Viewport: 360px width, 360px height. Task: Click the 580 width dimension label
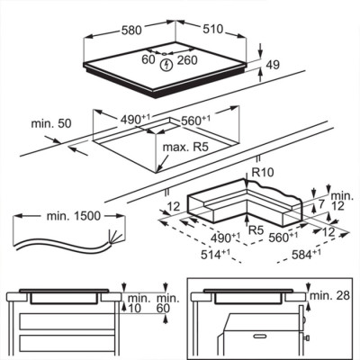tap(131, 31)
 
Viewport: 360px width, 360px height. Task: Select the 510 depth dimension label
tap(213, 29)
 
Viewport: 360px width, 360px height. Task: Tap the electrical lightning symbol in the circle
tap(166, 65)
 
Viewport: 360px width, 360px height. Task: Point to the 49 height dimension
tap(273, 65)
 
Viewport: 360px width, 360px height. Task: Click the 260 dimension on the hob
tap(187, 60)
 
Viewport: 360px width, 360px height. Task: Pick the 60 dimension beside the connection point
tap(148, 59)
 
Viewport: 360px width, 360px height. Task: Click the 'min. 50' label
tap(51, 123)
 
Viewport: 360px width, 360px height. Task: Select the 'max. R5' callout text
tap(185, 148)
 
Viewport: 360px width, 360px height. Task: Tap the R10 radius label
tap(263, 172)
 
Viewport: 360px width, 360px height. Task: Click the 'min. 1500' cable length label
tap(74, 216)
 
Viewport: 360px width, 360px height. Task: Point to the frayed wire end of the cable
tap(115, 237)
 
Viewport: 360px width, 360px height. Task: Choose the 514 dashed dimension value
tap(215, 255)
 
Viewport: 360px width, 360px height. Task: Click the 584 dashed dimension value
tap(306, 255)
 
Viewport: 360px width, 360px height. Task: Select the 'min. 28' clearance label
tap(329, 295)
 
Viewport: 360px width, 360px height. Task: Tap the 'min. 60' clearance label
tap(168, 303)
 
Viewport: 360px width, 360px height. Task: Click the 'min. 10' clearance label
tap(139, 303)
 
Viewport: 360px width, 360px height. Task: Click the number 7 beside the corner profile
tap(321, 205)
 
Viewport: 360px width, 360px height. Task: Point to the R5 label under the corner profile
tap(256, 230)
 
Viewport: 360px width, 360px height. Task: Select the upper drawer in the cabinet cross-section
tap(67, 321)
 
